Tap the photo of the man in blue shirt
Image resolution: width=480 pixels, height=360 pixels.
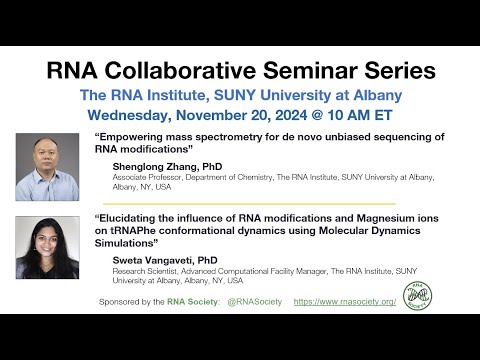[x=47, y=167]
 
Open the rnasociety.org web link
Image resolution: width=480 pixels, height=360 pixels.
[x=345, y=301]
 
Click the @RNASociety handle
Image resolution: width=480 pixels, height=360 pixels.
[x=256, y=301]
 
